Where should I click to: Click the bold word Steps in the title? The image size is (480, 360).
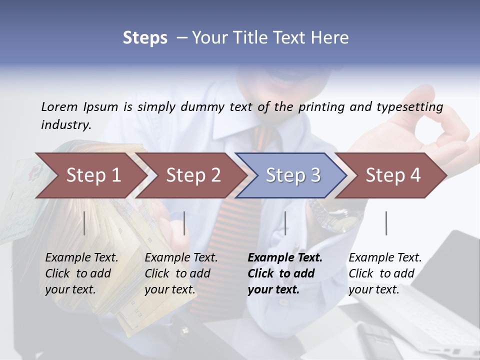click(145, 38)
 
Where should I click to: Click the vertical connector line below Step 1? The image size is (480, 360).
click(84, 223)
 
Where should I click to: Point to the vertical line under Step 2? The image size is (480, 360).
click(184, 223)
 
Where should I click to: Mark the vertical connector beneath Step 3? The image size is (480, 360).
click(285, 223)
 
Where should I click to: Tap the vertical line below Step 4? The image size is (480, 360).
click(386, 223)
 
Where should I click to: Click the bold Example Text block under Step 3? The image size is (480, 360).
click(285, 273)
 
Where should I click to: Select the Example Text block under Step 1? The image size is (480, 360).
click(81, 273)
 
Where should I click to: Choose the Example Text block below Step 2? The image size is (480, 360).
click(181, 273)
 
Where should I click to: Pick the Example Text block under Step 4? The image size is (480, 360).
click(385, 273)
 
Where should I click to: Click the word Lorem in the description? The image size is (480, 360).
click(59, 106)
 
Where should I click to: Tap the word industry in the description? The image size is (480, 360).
click(65, 125)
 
